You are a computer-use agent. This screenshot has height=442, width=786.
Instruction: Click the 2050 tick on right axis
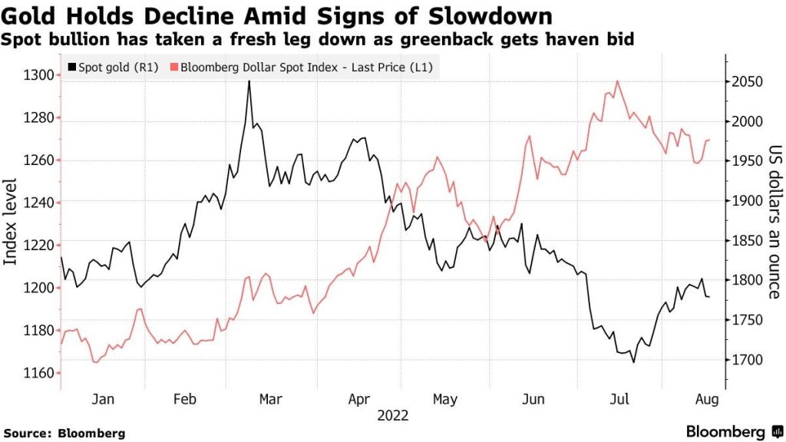(x=744, y=82)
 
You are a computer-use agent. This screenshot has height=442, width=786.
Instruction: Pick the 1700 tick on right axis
(x=744, y=360)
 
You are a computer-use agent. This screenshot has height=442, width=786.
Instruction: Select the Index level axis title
(x=12, y=223)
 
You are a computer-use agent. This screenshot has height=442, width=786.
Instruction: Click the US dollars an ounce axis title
(x=774, y=223)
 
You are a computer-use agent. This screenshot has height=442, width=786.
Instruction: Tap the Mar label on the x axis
(x=270, y=399)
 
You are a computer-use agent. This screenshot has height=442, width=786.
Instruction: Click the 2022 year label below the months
(x=392, y=416)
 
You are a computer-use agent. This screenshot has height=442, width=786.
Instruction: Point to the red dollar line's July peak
(x=617, y=81)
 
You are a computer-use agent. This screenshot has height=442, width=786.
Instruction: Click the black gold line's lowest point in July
(x=633, y=361)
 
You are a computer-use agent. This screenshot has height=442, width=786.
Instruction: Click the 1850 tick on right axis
(x=744, y=241)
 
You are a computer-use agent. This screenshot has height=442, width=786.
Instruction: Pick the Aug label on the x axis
(x=705, y=399)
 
